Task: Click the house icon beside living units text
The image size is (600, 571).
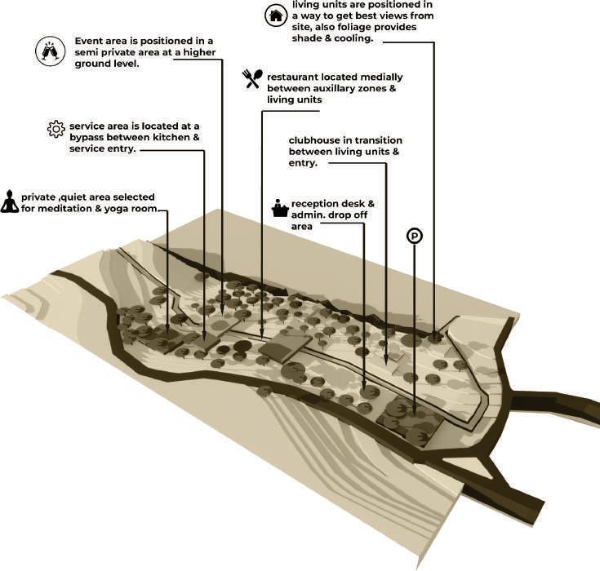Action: tap(276, 15)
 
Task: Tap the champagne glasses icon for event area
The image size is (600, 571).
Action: tap(50, 51)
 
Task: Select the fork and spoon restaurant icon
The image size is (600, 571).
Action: tap(252, 78)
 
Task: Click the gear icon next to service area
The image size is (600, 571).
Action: tap(56, 128)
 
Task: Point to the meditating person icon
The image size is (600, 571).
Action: tap(10, 201)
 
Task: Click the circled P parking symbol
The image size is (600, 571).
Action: tap(415, 237)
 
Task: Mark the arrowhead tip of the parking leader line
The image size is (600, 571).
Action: tap(415, 418)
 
